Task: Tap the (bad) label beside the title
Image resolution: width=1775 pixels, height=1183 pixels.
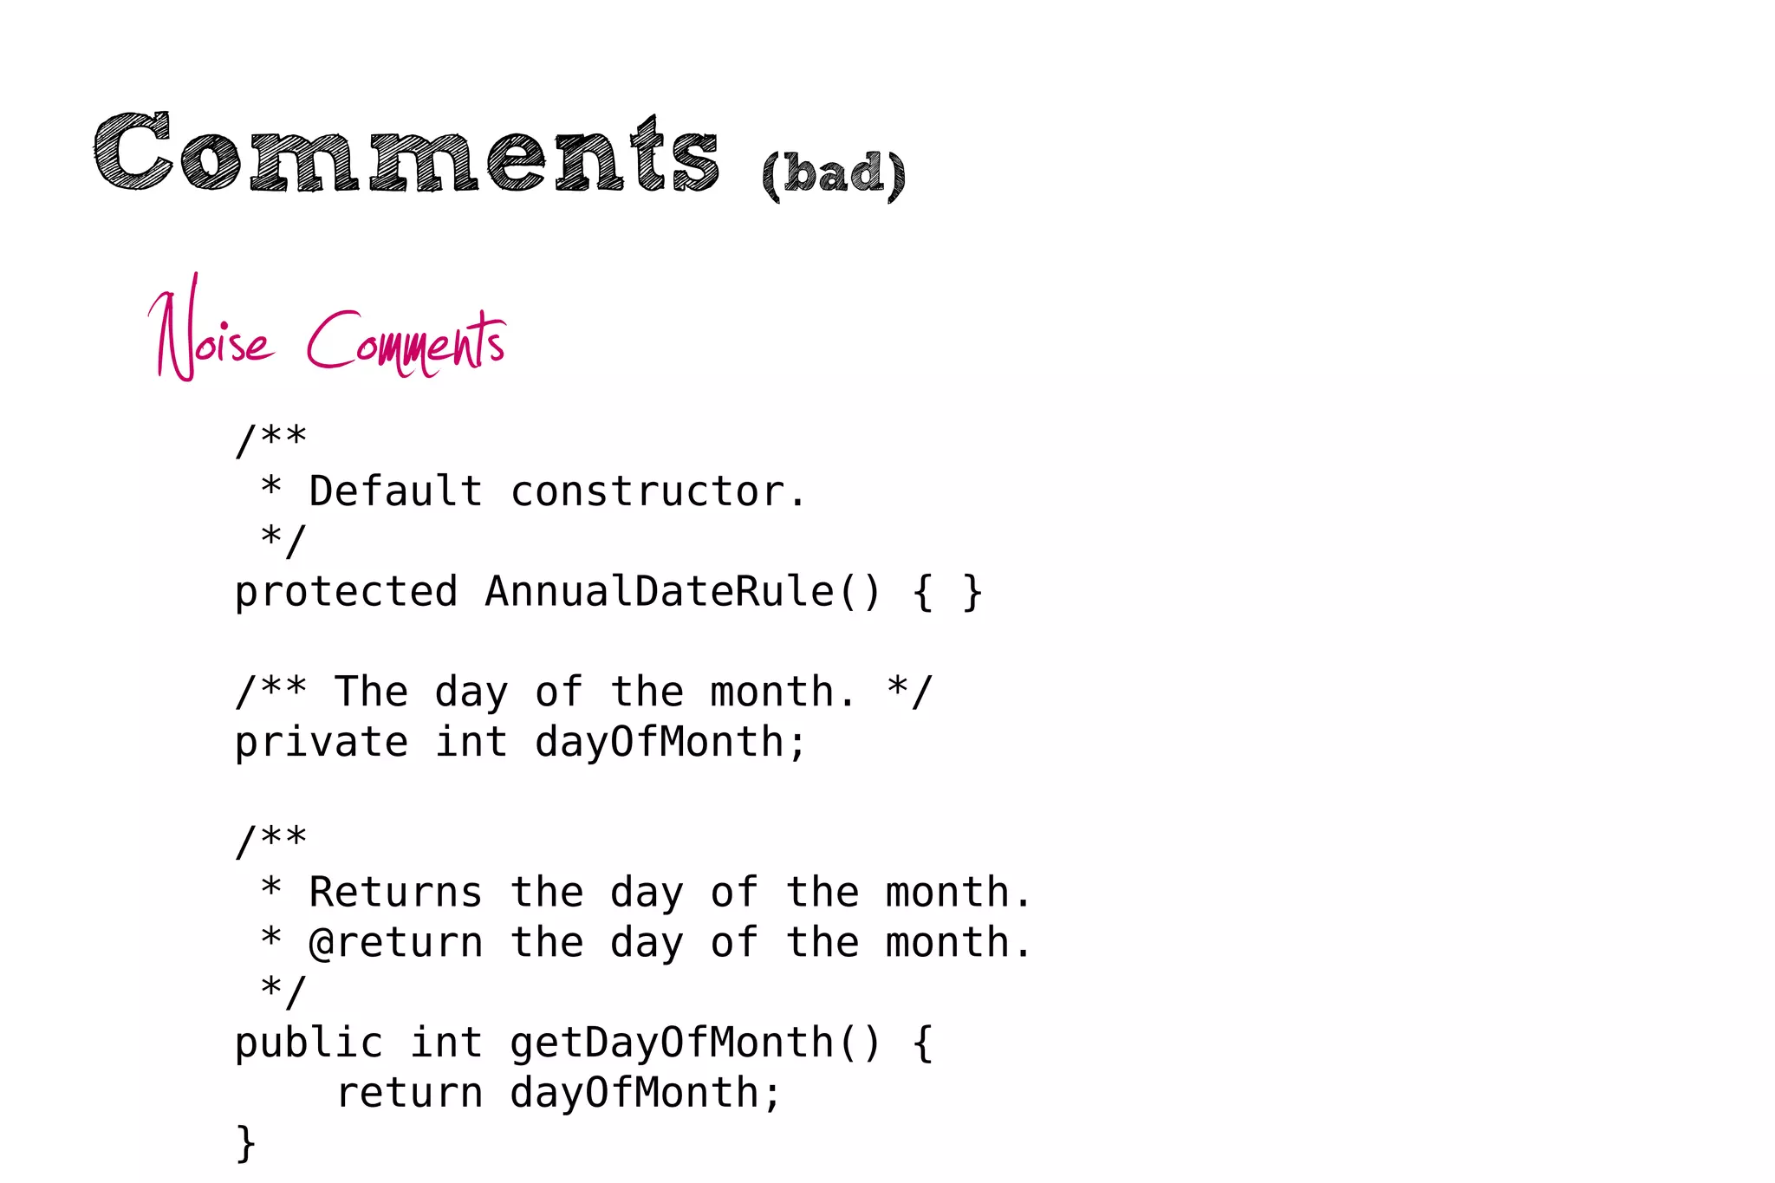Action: [x=834, y=173]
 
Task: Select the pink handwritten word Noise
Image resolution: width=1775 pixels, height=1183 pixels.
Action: [x=211, y=334]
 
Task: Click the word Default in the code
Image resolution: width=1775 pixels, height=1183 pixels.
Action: [x=395, y=491]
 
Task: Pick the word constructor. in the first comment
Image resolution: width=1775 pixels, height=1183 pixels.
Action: [x=659, y=491]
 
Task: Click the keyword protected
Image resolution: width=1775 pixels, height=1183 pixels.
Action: [x=346, y=593]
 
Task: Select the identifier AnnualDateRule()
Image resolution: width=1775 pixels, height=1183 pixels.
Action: [x=683, y=592]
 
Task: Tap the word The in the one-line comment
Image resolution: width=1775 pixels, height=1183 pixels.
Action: [x=371, y=692]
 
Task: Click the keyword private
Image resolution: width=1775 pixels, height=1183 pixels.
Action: [x=322, y=744]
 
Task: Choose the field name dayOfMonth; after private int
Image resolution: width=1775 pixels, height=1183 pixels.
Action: [x=671, y=744]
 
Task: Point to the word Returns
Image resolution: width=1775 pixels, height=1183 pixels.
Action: [x=395, y=893]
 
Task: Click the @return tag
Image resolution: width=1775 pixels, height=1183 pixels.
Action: [x=395, y=943]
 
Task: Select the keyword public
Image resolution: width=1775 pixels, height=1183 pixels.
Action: [x=309, y=1043]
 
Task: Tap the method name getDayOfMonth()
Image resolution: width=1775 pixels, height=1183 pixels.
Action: [x=695, y=1043]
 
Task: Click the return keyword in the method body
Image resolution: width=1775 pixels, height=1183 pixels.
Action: [x=409, y=1093]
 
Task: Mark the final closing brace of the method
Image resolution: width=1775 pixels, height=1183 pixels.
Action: [x=246, y=1143]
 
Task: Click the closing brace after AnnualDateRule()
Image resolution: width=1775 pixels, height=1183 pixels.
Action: [x=972, y=593]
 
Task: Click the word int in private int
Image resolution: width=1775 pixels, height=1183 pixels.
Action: [x=471, y=744]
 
